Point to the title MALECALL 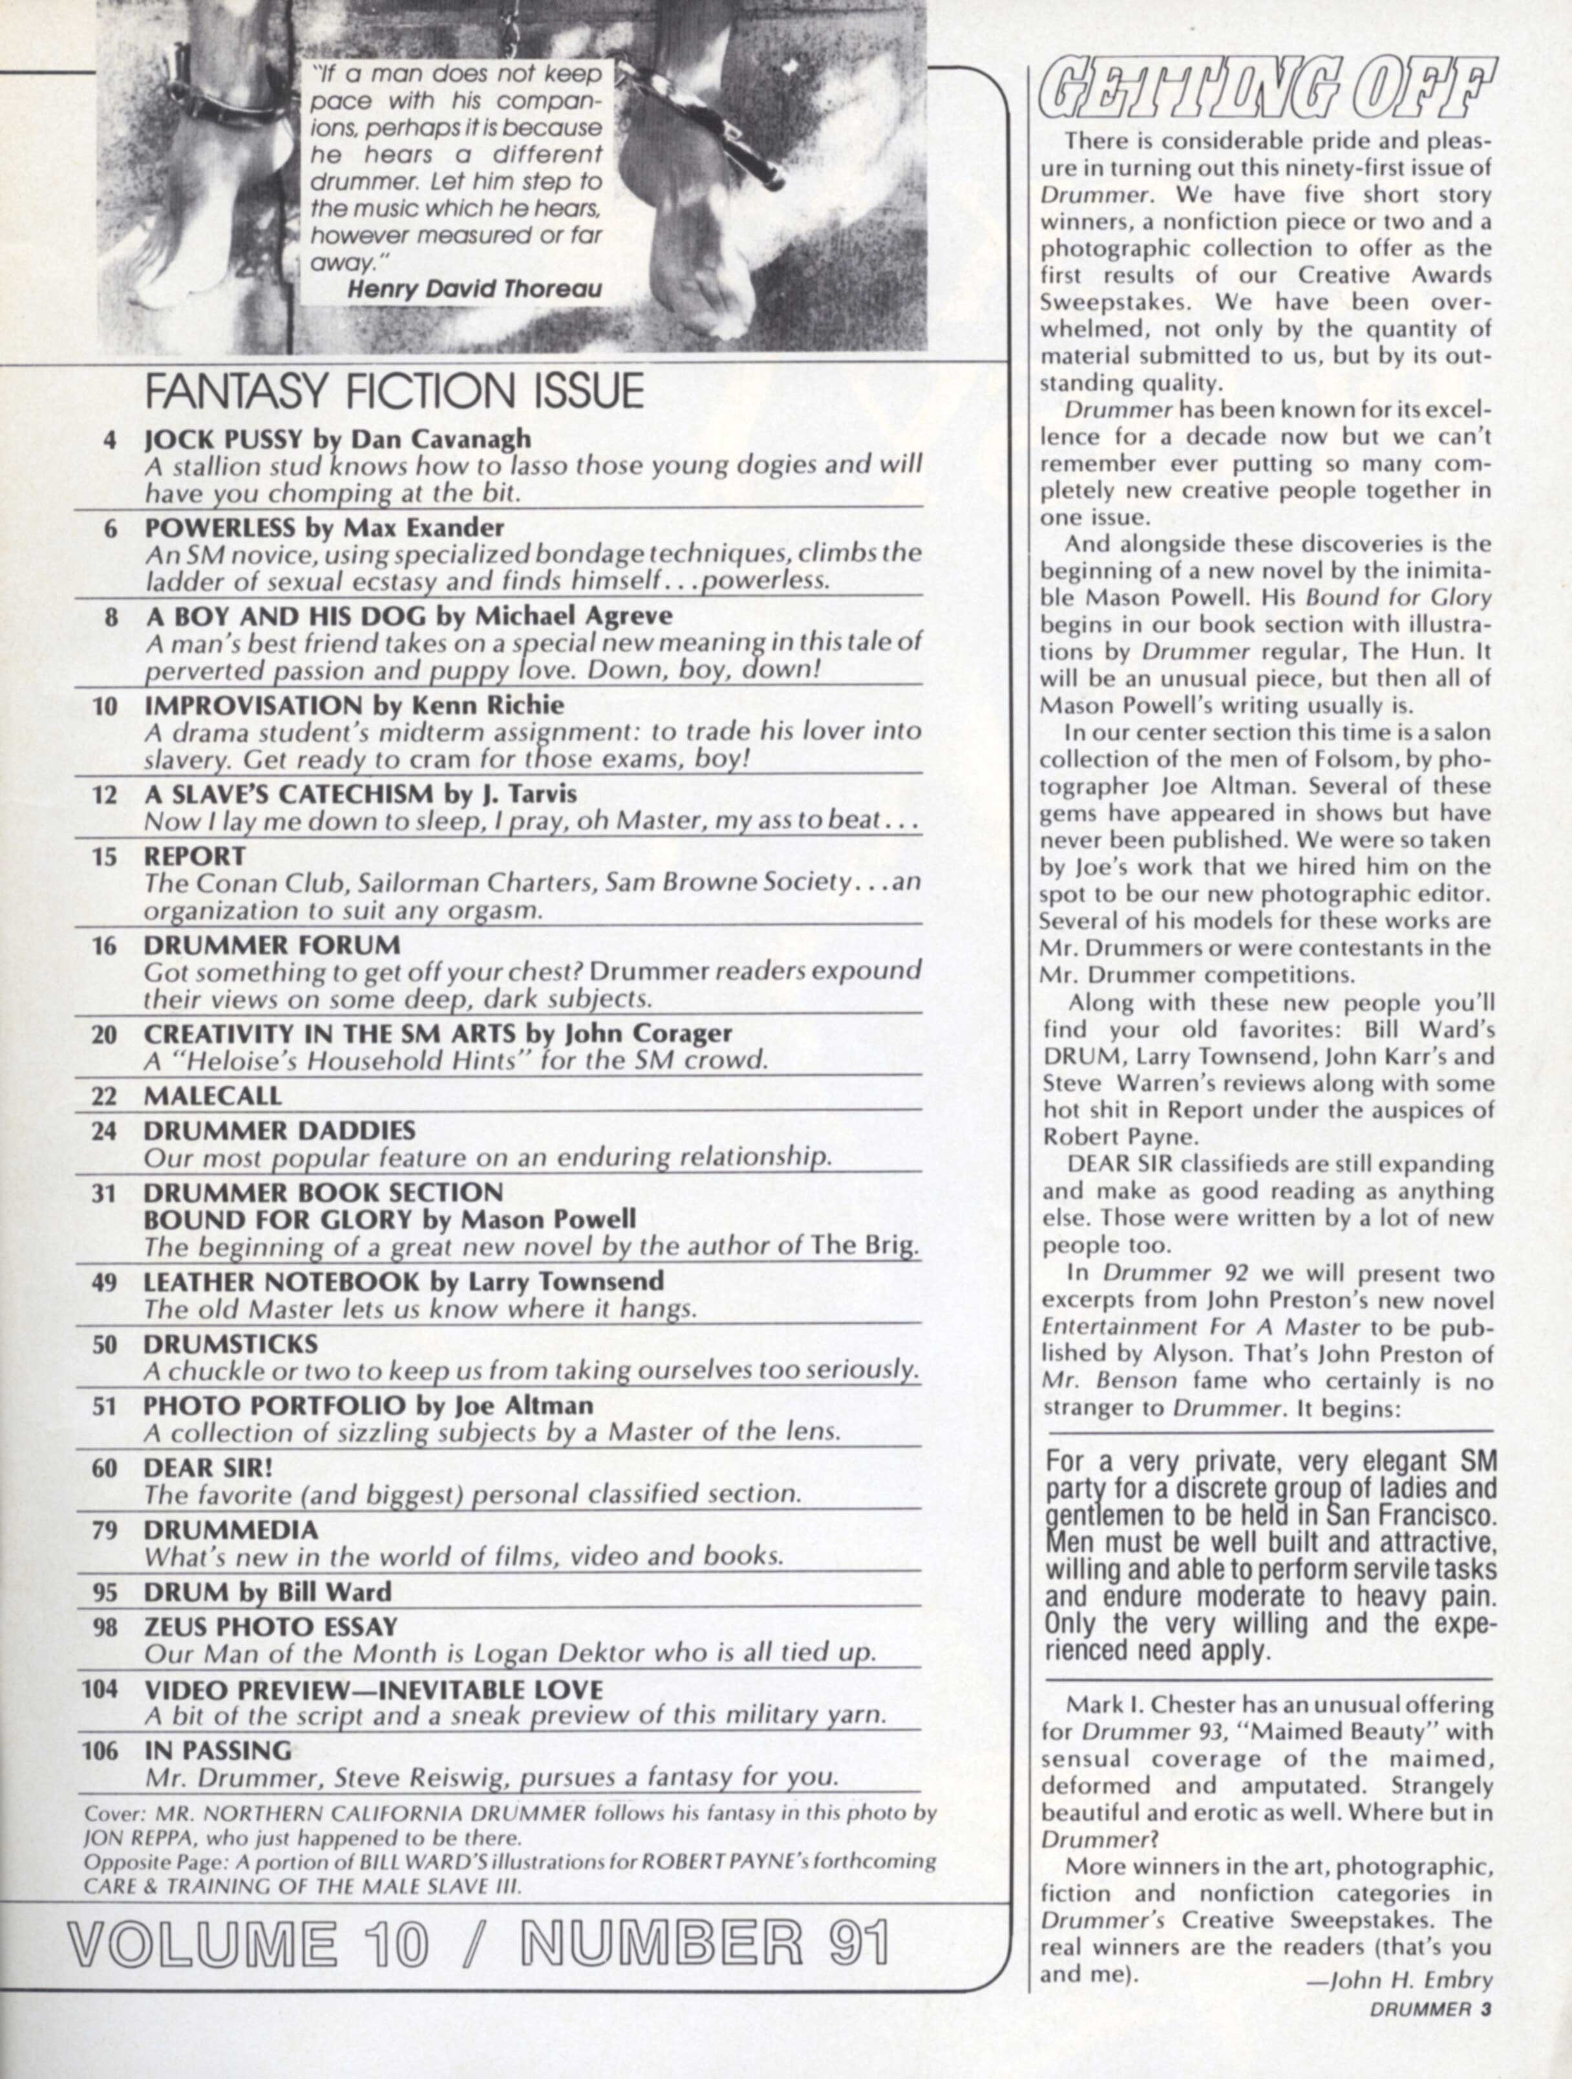click(x=213, y=1096)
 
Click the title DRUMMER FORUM click(x=273, y=945)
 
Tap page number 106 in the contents click(x=101, y=1751)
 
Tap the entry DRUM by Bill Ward click(x=268, y=1592)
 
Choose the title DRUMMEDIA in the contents click(x=231, y=1530)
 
